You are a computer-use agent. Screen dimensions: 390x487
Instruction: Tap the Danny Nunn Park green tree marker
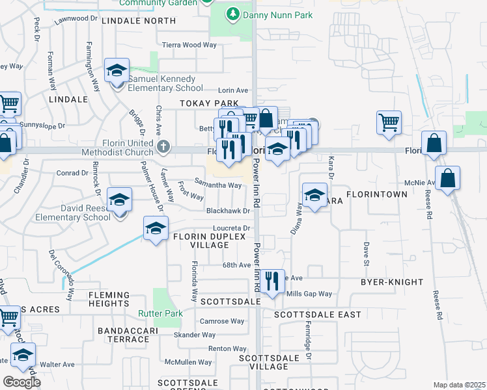(x=232, y=14)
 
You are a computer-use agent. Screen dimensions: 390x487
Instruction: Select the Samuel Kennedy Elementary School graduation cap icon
(x=117, y=70)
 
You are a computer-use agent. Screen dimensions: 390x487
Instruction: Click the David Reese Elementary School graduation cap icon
(x=120, y=200)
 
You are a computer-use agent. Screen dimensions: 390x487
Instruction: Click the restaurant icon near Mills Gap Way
(x=271, y=281)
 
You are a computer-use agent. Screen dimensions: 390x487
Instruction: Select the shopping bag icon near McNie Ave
(x=448, y=177)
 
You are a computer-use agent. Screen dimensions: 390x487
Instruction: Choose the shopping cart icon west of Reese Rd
(x=389, y=122)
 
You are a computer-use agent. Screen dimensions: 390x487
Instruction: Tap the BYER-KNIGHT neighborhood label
(x=392, y=282)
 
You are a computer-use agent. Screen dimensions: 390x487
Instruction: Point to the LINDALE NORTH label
(x=139, y=21)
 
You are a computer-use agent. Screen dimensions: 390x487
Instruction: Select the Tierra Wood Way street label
(x=189, y=45)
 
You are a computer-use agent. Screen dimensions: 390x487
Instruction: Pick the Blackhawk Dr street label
(x=228, y=211)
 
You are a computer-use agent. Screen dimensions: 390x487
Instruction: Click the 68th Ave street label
(x=236, y=265)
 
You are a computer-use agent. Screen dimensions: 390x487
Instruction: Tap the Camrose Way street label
(x=222, y=321)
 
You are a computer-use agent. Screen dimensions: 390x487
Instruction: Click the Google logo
(x=22, y=382)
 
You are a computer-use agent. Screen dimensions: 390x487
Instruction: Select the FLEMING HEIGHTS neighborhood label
(x=109, y=299)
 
